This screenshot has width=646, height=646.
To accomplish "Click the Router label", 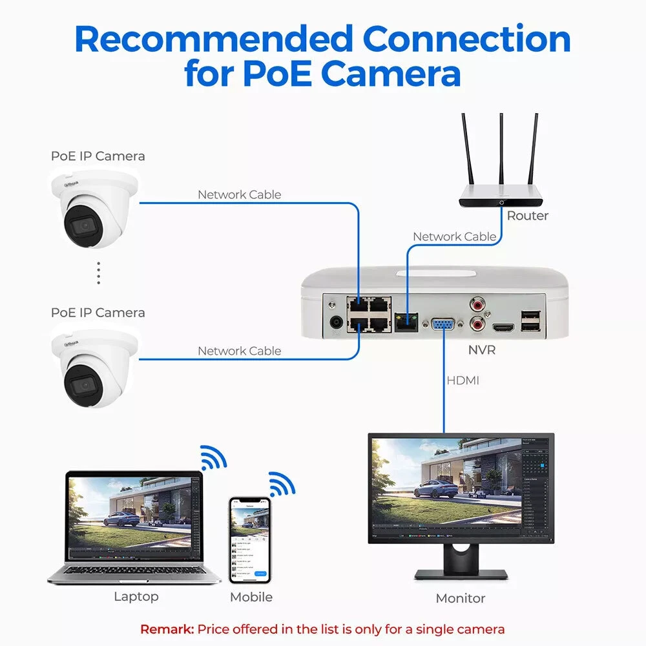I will pyautogui.click(x=527, y=216).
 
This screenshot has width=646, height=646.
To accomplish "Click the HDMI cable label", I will pyautogui.click(x=463, y=380).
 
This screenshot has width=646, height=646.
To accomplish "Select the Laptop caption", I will pyautogui.click(x=136, y=596).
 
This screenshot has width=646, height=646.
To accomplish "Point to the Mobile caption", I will pyautogui.click(x=251, y=597).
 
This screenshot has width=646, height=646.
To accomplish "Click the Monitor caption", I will pyautogui.click(x=460, y=598).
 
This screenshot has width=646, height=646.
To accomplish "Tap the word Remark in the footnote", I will pyautogui.click(x=167, y=629).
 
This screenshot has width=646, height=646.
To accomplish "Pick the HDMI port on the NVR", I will pyautogui.click(x=503, y=328).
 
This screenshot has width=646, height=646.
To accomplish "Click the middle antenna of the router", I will pyautogui.click(x=501, y=155).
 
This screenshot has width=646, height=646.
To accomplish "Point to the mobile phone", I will pyautogui.click(x=249, y=539).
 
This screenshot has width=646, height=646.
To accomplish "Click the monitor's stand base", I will pyautogui.click(x=461, y=573).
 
